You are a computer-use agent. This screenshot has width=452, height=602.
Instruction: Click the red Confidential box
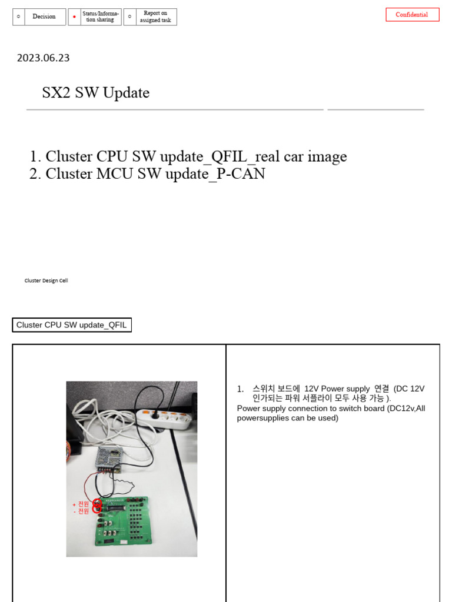pos(412,15)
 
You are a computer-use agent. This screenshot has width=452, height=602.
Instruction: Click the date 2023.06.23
pos(44,58)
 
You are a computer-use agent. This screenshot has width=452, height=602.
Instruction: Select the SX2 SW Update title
pos(96,93)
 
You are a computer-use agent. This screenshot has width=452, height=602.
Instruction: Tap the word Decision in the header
pos(44,16)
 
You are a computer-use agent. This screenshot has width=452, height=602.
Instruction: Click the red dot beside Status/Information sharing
pos(74,17)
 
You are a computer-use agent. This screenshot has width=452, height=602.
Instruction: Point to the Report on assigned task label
pos(155,16)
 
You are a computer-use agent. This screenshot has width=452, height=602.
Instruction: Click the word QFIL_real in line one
pos(242,156)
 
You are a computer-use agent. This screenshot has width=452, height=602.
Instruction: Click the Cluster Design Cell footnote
pos(46,280)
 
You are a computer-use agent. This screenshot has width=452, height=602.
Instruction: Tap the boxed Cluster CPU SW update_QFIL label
pos(72,325)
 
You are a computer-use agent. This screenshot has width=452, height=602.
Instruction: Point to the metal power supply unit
pos(111,457)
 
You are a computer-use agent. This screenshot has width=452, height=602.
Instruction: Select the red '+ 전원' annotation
pos(81,504)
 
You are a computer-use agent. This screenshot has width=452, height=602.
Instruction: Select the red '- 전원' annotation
pos(81,511)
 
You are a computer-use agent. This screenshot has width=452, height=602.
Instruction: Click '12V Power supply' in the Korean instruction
pos(337,389)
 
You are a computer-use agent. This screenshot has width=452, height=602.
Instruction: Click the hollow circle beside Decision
pos(19,16)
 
